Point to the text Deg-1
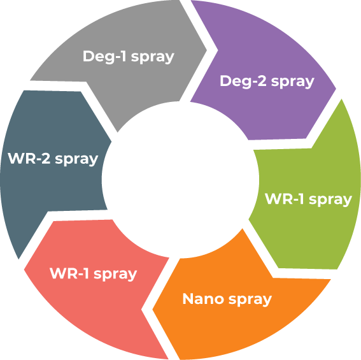pos(104,57)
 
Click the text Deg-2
pos(243,81)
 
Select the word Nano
pos(203,299)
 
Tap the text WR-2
pos(29,158)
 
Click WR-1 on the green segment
pos(285,199)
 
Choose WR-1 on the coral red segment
pos(69,273)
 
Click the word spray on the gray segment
pos(153,57)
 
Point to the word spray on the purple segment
pos(293,82)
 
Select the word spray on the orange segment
pos(250,300)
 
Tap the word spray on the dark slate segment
pos(76,160)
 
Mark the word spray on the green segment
pos(330,200)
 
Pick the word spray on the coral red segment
pos(115,275)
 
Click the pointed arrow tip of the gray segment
pos(207,50)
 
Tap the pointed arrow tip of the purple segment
pos(336,89)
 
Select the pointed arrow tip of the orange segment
pos(153,310)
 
